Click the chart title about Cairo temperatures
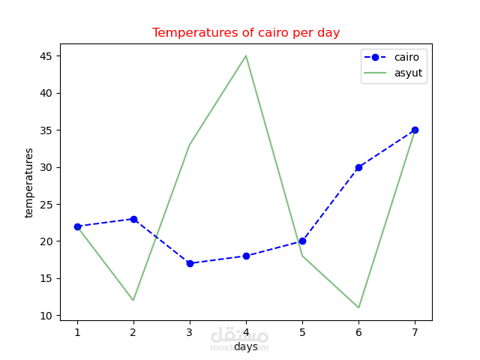click(246, 33)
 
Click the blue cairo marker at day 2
click(133, 219)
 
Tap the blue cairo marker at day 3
click(190, 263)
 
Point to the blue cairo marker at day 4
click(246, 256)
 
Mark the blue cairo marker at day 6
click(358, 167)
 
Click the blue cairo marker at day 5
click(302, 241)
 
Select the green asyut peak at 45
click(246, 56)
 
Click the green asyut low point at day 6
click(358, 307)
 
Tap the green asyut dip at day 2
click(133, 300)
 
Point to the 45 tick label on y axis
click(46, 56)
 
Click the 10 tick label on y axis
click(46, 315)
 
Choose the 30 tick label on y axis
click(46, 167)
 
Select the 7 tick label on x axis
click(415, 332)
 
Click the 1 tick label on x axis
click(77, 332)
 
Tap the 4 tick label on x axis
click(246, 332)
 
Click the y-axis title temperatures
click(29, 182)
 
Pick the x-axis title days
click(246, 346)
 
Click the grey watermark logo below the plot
click(239, 337)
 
